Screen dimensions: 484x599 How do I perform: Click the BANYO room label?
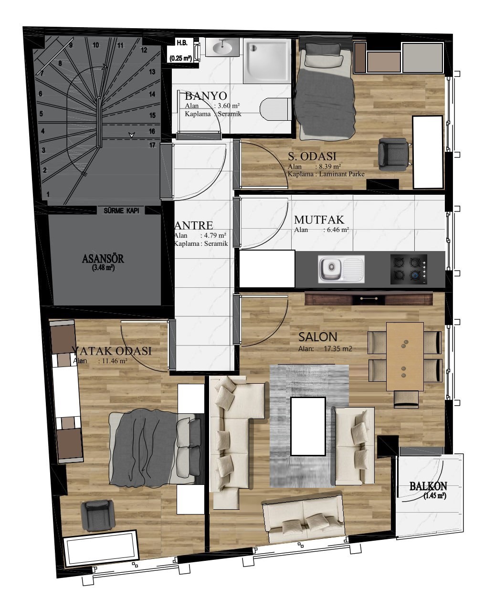click(206, 96)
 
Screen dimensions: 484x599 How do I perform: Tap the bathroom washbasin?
click(222, 47)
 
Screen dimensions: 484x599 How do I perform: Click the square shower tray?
click(267, 61)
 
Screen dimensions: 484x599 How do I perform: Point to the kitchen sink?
click(341, 269)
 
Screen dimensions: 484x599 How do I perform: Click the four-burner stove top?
click(409, 269)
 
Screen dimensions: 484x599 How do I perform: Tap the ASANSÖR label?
click(103, 258)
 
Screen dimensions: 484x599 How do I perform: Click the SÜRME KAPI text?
click(122, 210)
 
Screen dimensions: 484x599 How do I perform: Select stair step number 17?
click(152, 145)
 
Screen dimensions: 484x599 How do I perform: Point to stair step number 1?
click(48, 194)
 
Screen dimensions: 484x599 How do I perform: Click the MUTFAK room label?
click(319, 220)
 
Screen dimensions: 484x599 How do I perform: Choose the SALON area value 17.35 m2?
click(338, 349)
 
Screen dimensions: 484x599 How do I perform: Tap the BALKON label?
click(428, 486)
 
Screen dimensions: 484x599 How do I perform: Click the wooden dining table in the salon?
click(405, 357)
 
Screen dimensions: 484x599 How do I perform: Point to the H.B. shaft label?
click(182, 43)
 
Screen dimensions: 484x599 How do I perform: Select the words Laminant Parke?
click(342, 174)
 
